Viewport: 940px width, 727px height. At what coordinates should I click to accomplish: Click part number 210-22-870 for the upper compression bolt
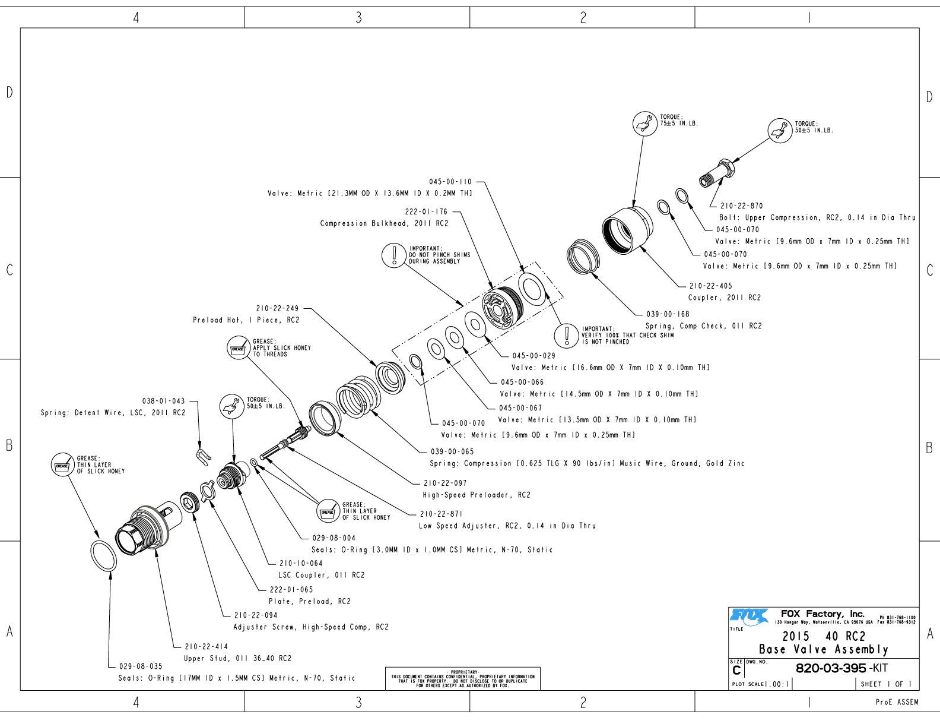click(741, 206)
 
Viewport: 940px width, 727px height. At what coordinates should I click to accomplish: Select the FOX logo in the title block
click(749, 617)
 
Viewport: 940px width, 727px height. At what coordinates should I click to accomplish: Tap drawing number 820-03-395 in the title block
click(830, 668)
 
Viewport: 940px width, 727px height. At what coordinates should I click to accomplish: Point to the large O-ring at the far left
click(104, 556)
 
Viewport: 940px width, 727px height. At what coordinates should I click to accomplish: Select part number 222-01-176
click(426, 211)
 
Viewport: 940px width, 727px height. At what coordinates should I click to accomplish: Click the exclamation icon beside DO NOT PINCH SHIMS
click(393, 255)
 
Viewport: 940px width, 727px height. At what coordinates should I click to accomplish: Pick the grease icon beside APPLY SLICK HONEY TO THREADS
click(238, 348)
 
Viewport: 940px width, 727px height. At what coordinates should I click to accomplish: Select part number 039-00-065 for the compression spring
click(452, 452)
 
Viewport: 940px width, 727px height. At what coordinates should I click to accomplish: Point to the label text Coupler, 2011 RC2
click(724, 298)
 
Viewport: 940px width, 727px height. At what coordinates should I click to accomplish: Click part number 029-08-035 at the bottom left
click(141, 666)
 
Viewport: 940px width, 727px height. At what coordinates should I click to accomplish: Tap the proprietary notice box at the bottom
click(462, 679)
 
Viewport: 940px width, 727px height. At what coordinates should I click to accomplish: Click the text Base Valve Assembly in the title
click(824, 649)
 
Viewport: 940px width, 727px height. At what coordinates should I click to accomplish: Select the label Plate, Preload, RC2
click(309, 601)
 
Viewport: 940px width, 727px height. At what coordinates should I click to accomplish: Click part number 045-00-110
click(450, 182)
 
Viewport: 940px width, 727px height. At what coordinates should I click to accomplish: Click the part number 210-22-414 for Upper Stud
click(206, 646)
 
